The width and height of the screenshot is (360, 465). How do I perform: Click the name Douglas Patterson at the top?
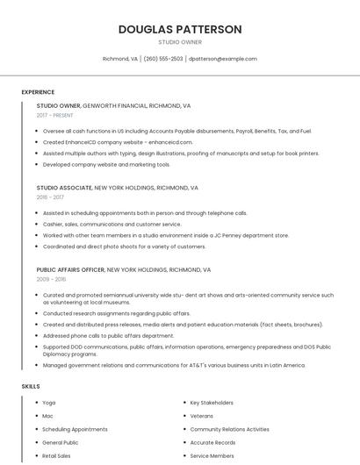[180, 29]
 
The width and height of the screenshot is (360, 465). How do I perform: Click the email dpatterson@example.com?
[223, 59]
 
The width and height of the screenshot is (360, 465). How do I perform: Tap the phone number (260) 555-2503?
[163, 59]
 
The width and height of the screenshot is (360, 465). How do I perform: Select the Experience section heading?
[38, 92]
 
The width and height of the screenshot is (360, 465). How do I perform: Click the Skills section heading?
[31, 386]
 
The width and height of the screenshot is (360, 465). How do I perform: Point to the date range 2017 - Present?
[55, 115]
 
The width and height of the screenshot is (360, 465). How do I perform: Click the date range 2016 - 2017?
[51, 197]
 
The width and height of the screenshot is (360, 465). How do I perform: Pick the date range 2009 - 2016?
[51, 279]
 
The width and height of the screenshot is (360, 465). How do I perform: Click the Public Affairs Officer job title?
[70, 269]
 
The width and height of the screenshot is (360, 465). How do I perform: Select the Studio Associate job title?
[64, 188]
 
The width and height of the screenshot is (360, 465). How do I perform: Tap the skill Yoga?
[48, 403]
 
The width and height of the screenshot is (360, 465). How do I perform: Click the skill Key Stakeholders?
[212, 403]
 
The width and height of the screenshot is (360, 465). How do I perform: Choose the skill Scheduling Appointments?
[75, 429]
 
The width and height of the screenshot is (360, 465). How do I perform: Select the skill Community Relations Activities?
[229, 429]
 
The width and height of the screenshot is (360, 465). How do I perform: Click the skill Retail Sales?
[56, 455]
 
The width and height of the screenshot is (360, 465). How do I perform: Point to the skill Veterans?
[201, 416]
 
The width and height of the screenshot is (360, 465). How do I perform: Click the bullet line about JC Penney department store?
[165, 235]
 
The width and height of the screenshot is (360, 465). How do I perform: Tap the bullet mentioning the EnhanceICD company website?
[117, 142]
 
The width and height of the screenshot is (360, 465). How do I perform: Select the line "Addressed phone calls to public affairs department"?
[108, 335]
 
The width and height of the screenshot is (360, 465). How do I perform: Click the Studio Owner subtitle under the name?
[180, 42]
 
